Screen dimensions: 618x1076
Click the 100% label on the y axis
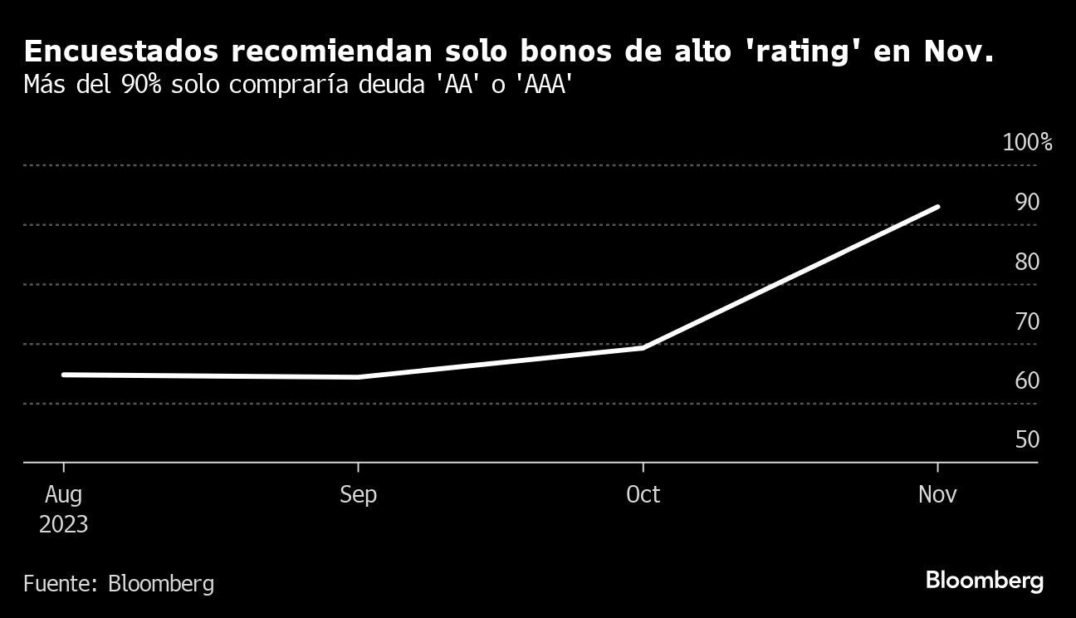1027,143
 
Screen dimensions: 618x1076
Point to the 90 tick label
1027,202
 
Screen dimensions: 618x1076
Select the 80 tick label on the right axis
1027,262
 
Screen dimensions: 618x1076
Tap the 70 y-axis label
1027,321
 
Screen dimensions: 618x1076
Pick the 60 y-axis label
1027,380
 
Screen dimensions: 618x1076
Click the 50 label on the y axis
1027,439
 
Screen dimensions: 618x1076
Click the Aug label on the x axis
63,495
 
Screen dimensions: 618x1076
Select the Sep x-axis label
358,495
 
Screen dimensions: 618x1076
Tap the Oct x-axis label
643,495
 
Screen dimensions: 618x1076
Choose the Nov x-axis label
937,495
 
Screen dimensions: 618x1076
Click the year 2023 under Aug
63,526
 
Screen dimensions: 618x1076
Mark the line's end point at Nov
938,207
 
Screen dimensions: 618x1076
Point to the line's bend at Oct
643,348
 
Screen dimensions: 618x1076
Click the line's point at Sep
358,377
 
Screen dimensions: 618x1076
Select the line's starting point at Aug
64,375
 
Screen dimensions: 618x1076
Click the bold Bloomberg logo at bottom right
984,581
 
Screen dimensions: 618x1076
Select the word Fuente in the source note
59,584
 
